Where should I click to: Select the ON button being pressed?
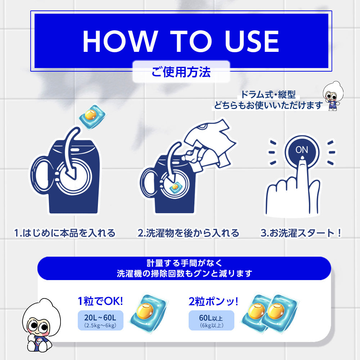pos(302,150)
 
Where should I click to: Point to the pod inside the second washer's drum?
pos(175,187)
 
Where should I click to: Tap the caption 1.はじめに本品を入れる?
pos(65,233)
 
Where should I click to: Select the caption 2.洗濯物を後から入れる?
pos(188,233)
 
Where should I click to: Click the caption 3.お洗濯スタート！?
pos(301,233)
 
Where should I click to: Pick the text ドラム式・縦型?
pos(268,95)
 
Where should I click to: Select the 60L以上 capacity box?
pos(211,320)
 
